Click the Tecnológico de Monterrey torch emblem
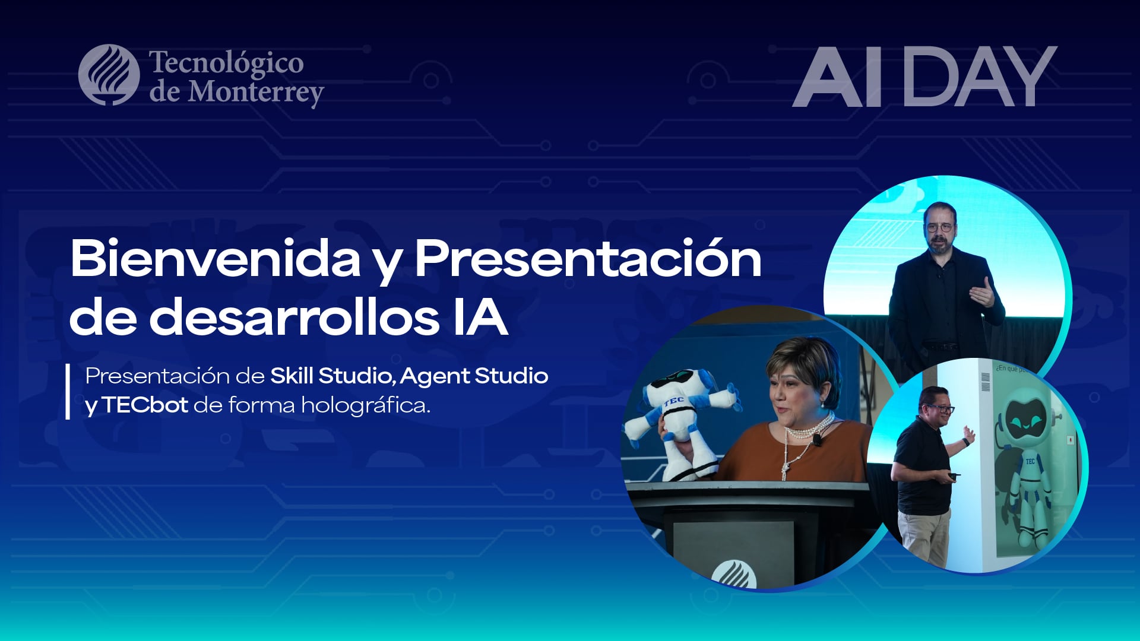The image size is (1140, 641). coord(109,75)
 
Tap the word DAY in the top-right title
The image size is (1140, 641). coord(980,77)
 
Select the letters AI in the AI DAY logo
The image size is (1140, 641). coord(837,77)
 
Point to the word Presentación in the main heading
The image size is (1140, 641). coord(588,259)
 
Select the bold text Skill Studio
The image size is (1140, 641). coord(331,376)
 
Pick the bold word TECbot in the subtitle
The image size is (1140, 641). coord(145,405)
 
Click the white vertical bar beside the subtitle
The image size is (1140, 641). coord(68,392)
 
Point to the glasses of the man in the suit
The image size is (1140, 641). coord(939,227)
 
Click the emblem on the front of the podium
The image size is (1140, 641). coord(734,573)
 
